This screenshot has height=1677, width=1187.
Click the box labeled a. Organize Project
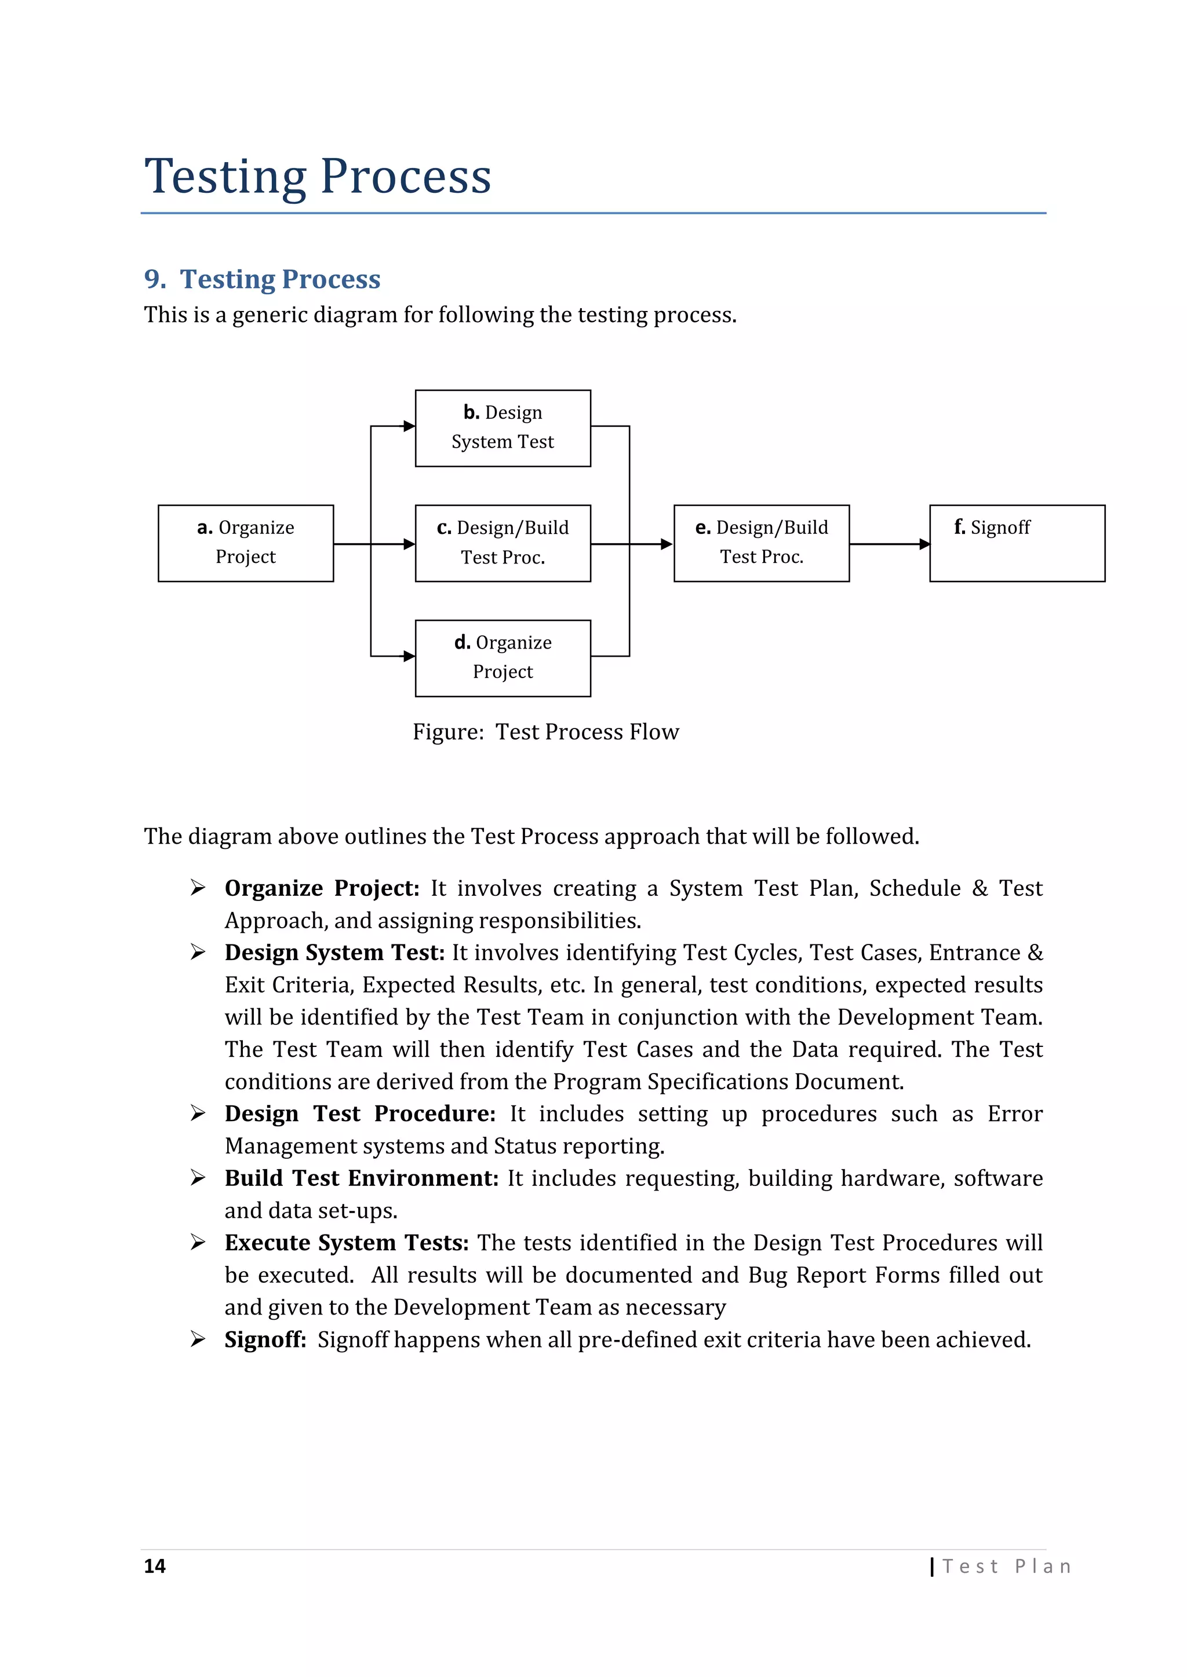pyautogui.click(x=246, y=543)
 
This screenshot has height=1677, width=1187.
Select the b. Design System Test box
pyautogui.click(x=503, y=428)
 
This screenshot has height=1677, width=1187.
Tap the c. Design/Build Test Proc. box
pyautogui.click(x=503, y=543)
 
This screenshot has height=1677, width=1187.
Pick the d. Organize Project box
pyautogui.click(x=503, y=658)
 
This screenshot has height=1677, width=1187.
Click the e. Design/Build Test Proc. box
pyautogui.click(x=762, y=543)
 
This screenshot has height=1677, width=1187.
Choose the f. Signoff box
pyautogui.click(x=1017, y=543)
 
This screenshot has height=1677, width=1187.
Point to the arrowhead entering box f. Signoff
pyautogui.click(x=924, y=544)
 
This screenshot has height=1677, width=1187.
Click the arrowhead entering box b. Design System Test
pyautogui.click(x=409, y=427)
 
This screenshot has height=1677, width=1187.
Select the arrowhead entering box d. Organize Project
pyautogui.click(x=409, y=656)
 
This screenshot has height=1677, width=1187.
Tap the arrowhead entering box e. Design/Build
pyautogui.click(x=666, y=544)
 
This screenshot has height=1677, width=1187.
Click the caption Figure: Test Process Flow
pyautogui.click(x=545, y=732)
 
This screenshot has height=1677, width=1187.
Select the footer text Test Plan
pyautogui.click(x=1007, y=1567)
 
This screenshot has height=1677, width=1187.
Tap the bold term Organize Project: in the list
pyautogui.click(x=322, y=888)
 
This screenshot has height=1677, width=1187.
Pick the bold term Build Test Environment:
pyautogui.click(x=361, y=1178)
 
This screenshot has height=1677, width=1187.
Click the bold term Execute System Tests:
pyautogui.click(x=347, y=1243)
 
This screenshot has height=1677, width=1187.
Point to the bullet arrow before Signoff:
pyautogui.click(x=197, y=1339)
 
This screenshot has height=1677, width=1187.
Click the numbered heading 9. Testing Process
pyautogui.click(x=263, y=279)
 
